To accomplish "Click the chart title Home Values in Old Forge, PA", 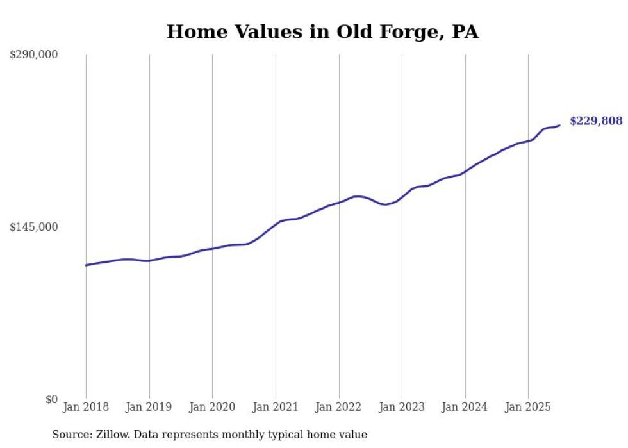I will (x=322, y=32).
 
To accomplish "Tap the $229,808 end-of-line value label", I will (x=596, y=121).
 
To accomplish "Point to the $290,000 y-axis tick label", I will (x=34, y=55).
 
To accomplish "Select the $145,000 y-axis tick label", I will (x=34, y=227).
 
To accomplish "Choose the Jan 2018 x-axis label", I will (x=86, y=407).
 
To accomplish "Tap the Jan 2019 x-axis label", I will (x=149, y=407).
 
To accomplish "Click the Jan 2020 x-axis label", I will (x=212, y=407).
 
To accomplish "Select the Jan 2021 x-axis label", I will (x=276, y=407).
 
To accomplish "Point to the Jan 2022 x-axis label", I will (x=339, y=407).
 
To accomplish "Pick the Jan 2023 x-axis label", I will (x=402, y=407).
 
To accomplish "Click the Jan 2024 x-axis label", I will (x=465, y=407).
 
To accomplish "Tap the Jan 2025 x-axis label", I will (x=528, y=407).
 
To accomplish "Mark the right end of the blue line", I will (x=559, y=125).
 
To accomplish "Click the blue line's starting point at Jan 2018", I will (x=86, y=265).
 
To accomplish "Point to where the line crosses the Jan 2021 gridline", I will (x=276, y=224).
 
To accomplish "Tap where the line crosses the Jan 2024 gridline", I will (x=465, y=171).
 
